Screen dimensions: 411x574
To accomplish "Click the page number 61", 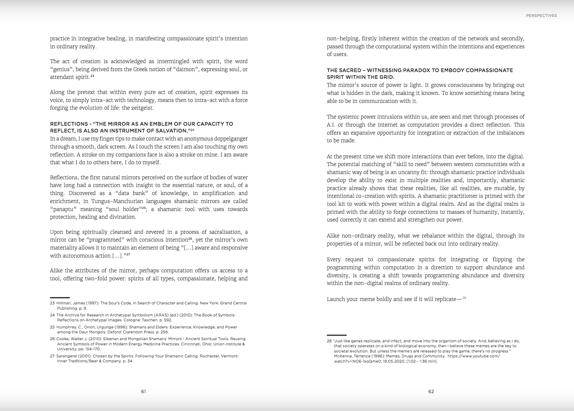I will (x=143, y=392).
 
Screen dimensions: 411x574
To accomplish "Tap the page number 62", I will (x=431, y=392).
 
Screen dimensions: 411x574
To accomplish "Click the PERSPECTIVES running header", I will (x=541, y=16).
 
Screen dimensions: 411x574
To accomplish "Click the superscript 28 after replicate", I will (x=464, y=298).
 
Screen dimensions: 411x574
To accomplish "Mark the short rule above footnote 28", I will (x=337, y=335).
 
